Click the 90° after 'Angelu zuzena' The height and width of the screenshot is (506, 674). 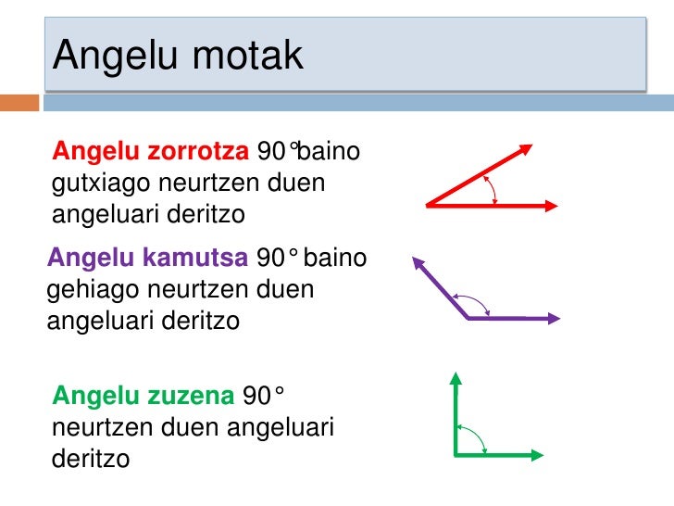[263, 396]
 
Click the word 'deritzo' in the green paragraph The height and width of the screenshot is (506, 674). [91, 458]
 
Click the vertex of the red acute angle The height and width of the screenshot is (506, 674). [429, 206]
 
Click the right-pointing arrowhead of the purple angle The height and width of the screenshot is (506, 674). [553, 318]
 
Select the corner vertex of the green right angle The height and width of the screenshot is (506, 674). [456, 454]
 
